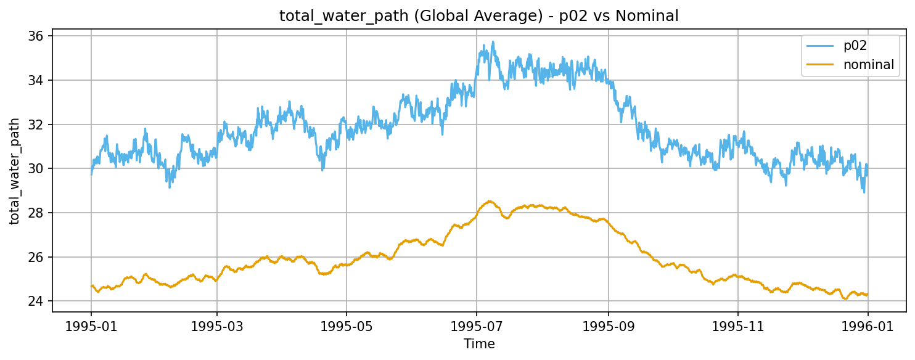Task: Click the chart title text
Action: pyautogui.click(x=478, y=16)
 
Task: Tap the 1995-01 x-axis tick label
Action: pyautogui.click(x=91, y=325)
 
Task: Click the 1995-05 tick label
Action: pyautogui.click(x=346, y=325)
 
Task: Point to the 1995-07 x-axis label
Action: pyautogui.click(x=476, y=325)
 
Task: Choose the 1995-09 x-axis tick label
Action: pyautogui.click(x=608, y=325)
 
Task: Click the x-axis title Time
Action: pyautogui.click(x=479, y=344)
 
